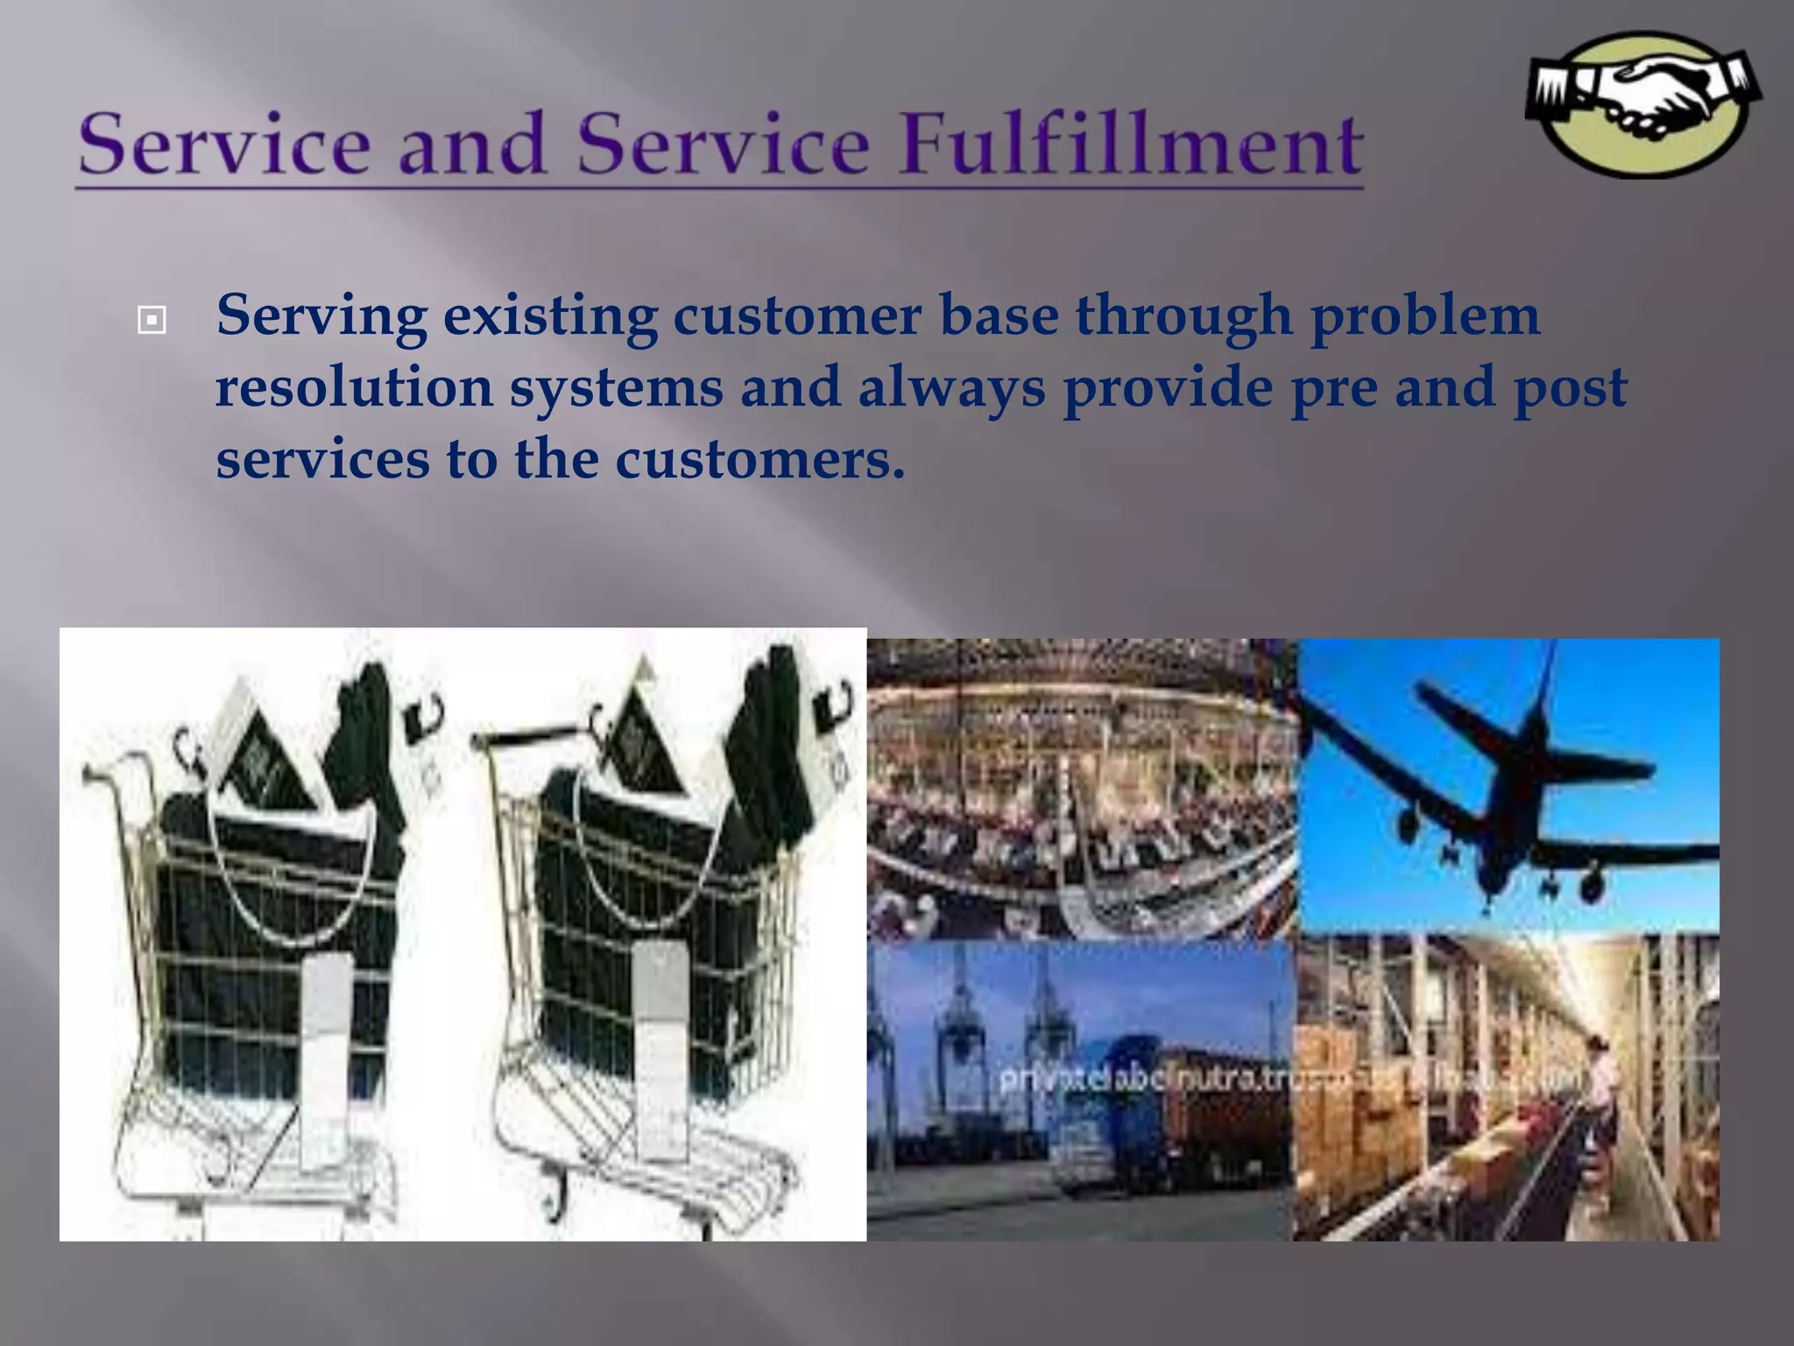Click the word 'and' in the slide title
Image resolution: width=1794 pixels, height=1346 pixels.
click(473, 145)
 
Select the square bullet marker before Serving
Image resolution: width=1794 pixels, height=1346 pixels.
click(152, 321)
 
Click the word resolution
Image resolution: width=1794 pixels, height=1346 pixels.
click(354, 387)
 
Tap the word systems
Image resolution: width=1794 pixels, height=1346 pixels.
click(617, 387)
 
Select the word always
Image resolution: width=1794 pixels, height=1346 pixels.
click(951, 387)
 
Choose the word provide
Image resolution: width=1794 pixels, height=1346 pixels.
click(1168, 387)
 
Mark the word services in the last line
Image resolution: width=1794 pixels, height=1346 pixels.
click(322, 459)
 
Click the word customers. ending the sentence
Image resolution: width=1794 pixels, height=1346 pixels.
click(759, 459)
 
